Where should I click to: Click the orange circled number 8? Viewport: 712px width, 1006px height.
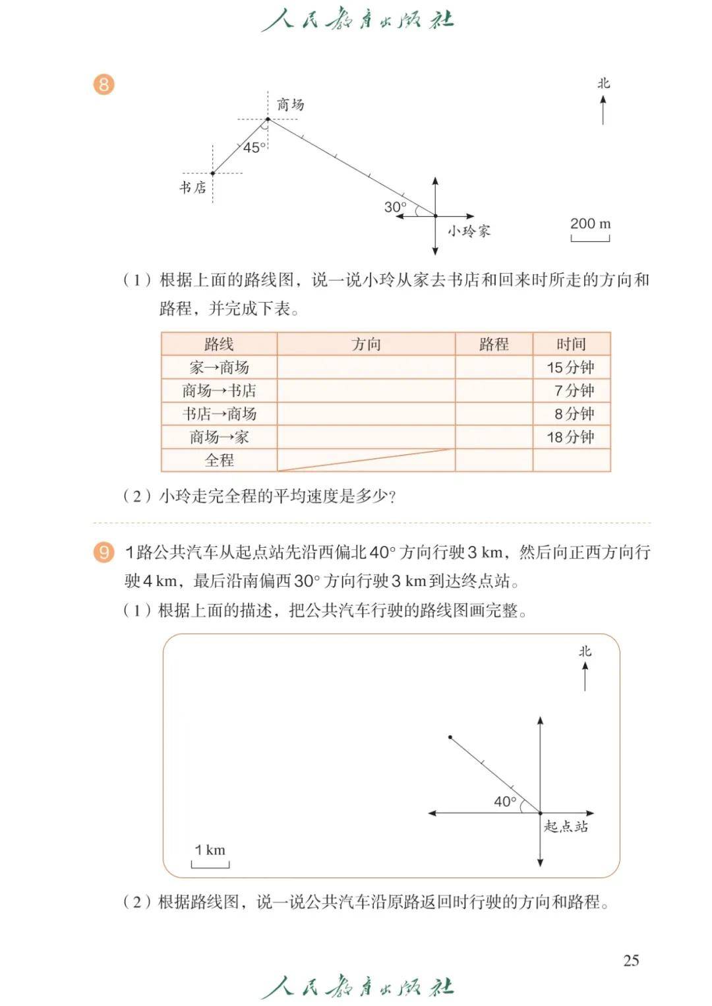[x=104, y=84]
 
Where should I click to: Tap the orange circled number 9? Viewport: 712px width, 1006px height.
[x=104, y=552]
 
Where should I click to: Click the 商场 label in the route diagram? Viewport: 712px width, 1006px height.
[x=290, y=104]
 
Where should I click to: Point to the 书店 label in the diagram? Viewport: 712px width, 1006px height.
[x=193, y=187]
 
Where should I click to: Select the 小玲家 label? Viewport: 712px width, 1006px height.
[x=469, y=231]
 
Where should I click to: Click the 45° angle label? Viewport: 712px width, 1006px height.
[x=254, y=148]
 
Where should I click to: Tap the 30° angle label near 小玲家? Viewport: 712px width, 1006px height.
[x=395, y=207]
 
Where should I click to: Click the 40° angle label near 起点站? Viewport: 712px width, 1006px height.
[x=505, y=802]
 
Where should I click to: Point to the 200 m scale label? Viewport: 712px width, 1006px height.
[x=590, y=223]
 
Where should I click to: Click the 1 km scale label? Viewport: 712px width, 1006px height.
[x=210, y=850]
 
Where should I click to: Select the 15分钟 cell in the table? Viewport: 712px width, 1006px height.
[x=571, y=367]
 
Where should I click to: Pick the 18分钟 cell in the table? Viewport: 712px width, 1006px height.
[x=571, y=437]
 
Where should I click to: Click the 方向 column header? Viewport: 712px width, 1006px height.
[x=366, y=343]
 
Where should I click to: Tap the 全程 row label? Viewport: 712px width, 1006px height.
[x=219, y=460]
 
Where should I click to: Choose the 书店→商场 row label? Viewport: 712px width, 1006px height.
[x=219, y=414]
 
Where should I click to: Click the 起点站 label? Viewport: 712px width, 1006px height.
[x=566, y=827]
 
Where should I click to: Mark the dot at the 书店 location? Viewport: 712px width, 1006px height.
[x=212, y=173]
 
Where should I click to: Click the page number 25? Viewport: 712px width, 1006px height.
[x=631, y=960]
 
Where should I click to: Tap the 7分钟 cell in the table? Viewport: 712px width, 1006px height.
[x=574, y=390]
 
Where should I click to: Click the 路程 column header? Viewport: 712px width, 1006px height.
[x=494, y=343]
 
